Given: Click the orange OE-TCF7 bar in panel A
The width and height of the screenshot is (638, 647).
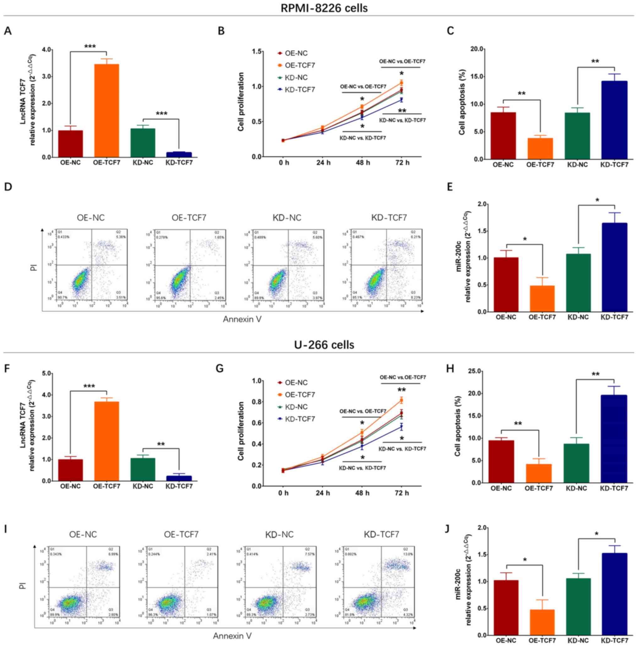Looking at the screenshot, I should [x=106, y=110].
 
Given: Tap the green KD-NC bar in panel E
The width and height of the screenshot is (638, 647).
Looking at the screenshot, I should [x=578, y=282].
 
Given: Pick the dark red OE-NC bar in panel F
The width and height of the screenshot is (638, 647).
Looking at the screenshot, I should [x=70, y=470].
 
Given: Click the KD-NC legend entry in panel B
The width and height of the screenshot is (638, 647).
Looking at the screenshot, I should [x=296, y=78].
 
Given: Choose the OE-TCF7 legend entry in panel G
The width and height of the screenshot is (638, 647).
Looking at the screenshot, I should [x=300, y=395].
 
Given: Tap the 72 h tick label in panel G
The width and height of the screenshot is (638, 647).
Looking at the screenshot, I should [x=402, y=493].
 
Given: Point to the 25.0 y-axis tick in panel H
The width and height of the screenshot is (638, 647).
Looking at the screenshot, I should [x=472, y=371].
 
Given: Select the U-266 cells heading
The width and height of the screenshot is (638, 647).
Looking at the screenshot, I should [x=324, y=345].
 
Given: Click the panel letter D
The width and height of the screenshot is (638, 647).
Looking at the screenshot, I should [x=8, y=186].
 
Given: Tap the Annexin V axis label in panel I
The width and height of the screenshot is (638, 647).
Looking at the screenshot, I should [x=232, y=636].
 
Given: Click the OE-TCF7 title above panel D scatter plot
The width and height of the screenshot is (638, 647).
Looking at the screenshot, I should [x=189, y=218].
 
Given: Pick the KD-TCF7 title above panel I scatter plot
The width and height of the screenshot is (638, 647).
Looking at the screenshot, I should [x=381, y=535].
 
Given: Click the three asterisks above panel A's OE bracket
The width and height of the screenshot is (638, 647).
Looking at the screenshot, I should [x=90, y=46].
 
